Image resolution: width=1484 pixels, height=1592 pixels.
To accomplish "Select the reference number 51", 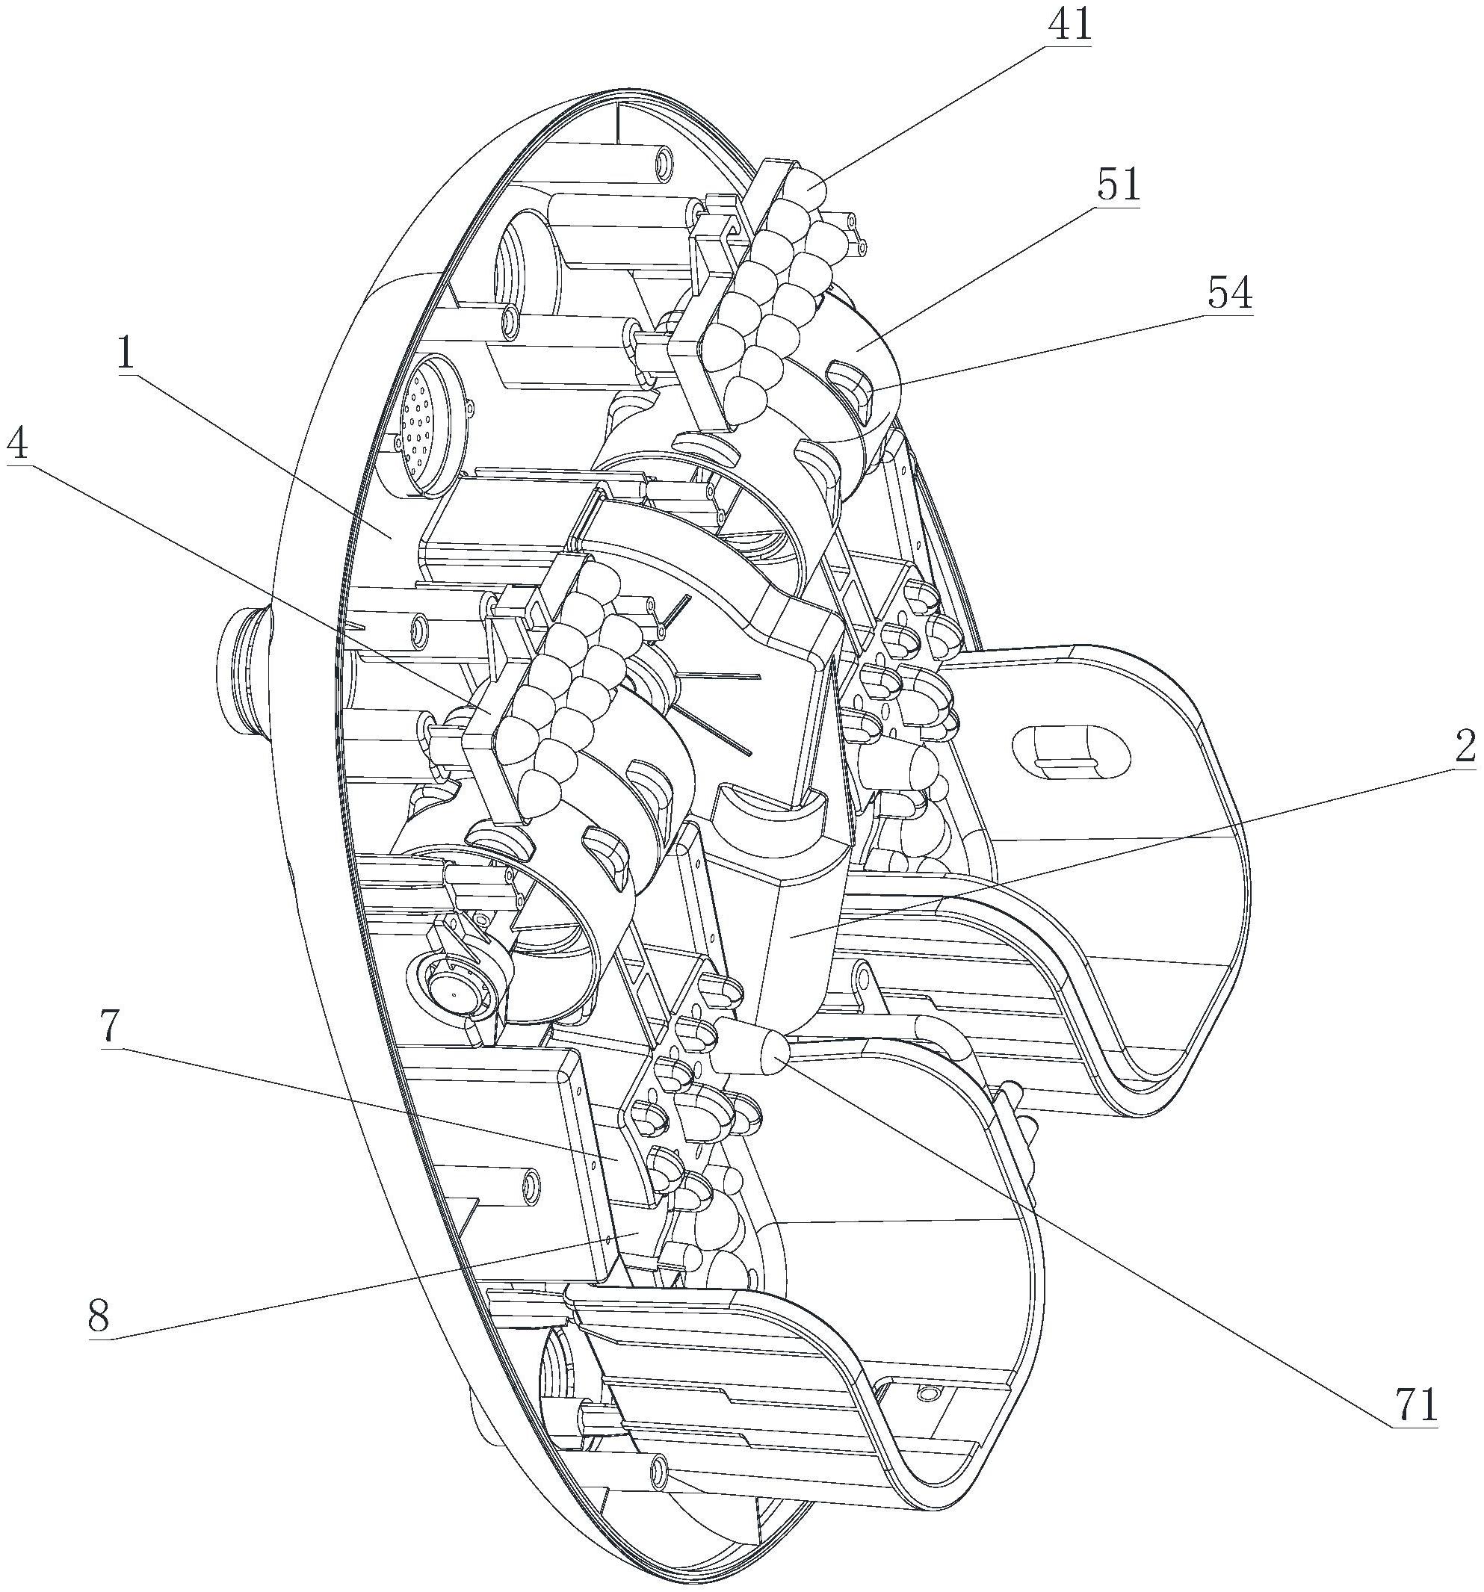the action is (x=1118, y=186).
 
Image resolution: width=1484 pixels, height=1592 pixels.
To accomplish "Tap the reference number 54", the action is (x=1229, y=294).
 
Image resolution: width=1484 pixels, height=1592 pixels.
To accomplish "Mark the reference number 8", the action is (x=98, y=1316).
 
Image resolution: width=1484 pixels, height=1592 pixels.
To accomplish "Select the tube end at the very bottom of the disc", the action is (x=658, y=1466).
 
